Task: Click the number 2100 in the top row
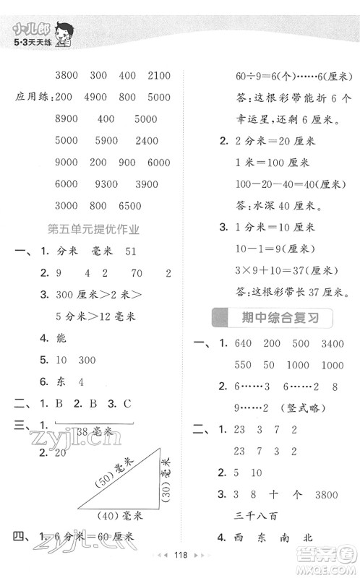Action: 158,76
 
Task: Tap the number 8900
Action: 67,118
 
